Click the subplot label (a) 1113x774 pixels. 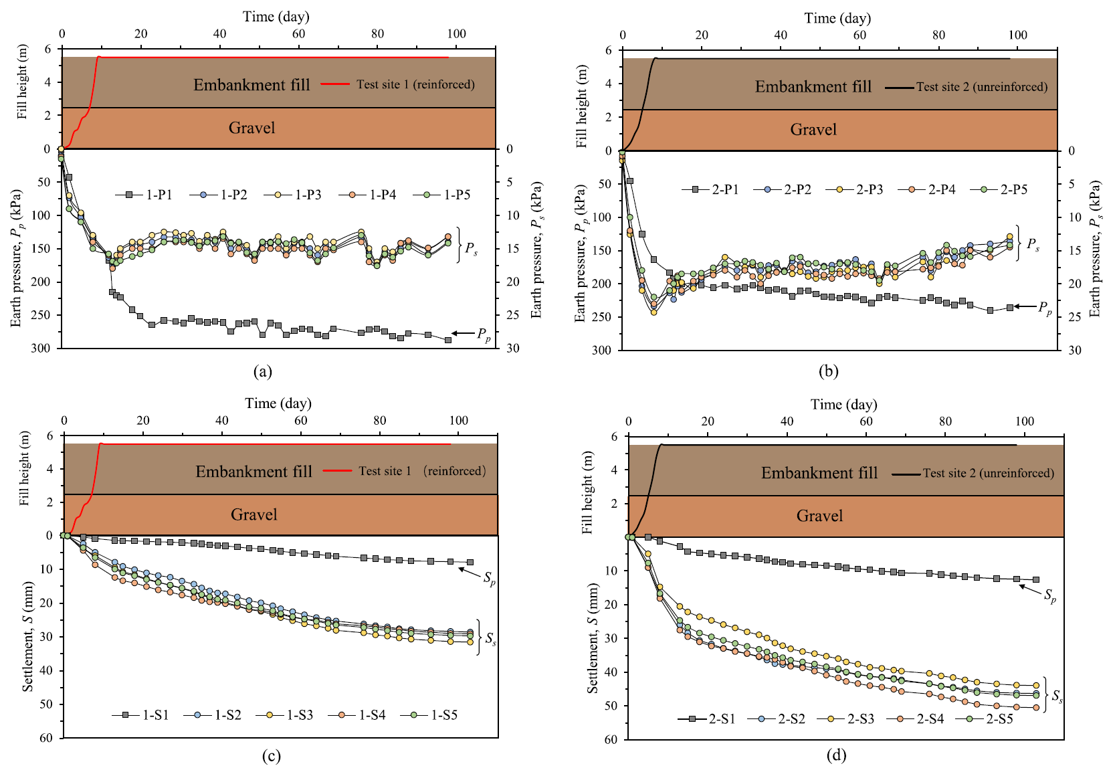(263, 371)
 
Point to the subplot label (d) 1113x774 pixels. (836, 755)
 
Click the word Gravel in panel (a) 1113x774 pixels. (251, 128)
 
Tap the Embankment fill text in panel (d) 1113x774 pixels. (819, 473)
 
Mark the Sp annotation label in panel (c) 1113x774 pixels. (490, 578)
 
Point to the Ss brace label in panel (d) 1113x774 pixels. (1057, 696)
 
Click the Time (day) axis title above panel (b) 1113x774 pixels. (837, 18)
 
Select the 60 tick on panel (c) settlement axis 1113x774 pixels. (45, 738)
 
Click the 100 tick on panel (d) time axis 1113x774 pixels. (1024, 421)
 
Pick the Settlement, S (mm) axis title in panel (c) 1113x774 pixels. (27, 636)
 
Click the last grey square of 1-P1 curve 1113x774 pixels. (448, 340)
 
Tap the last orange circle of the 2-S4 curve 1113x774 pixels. (1037, 707)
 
